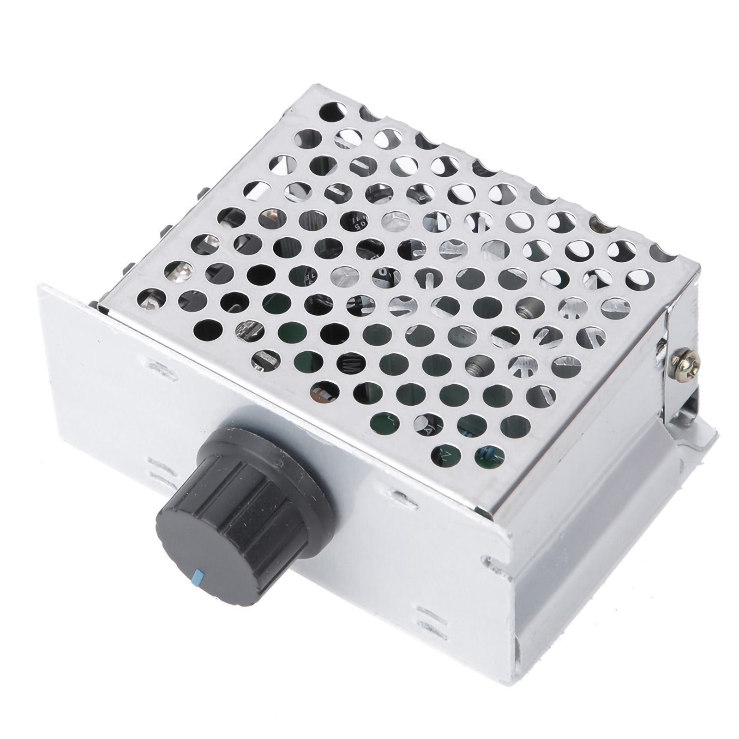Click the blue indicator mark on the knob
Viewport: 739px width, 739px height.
point(200,575)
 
